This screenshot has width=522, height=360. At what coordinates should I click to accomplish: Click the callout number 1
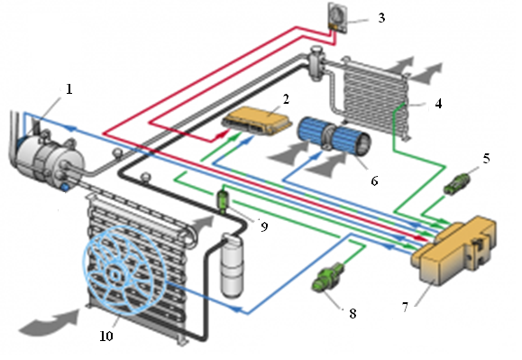[x=69, y=89]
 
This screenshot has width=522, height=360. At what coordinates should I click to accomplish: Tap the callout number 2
[x=286, y=99]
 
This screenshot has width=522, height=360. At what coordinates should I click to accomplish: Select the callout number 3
[x=381, y=18]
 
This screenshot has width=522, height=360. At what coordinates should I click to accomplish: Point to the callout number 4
[x=438, y=104]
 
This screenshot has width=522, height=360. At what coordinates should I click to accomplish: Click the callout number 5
[x=486, y=159]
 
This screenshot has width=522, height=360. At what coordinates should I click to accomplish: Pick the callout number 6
[x=374, y=180]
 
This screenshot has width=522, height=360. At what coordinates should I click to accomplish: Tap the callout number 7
[x=405, y=307]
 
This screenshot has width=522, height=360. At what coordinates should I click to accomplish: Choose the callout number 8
[x=353, y=313]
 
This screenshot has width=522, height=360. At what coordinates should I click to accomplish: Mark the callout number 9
[x=264, y=226]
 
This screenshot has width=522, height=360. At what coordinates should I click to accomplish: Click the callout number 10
[x=106, y=336]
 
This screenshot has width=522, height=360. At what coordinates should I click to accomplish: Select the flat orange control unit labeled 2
[x=257, y=121]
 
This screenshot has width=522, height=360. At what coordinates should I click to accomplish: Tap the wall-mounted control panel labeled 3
[x=338, y=18]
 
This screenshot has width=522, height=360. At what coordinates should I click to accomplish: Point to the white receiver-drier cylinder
[x=232, y=265]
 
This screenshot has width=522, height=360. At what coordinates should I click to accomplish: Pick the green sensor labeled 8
[x=327, y=277]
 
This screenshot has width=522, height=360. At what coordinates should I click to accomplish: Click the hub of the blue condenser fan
[x=114, y=275]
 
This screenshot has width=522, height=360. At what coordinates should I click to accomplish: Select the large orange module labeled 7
[x=454, y=249]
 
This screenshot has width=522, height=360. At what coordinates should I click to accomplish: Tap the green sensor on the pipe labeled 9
[x=223, y=199]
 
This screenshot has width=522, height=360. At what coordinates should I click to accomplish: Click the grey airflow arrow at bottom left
[x=50, y=322]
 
